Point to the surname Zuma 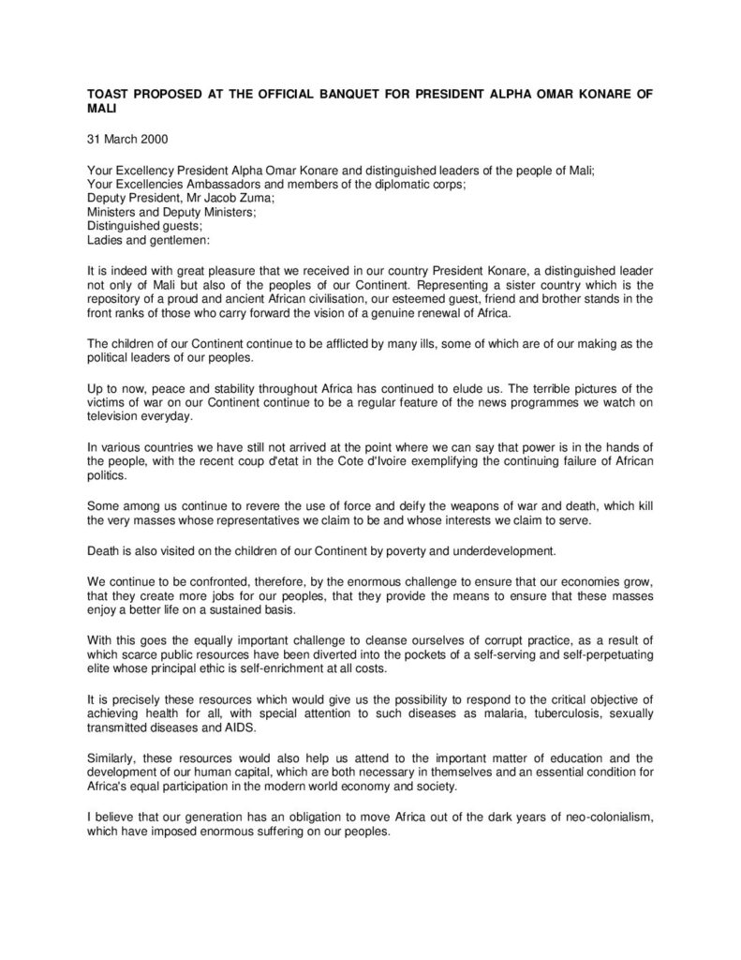click(x=231, y=197)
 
